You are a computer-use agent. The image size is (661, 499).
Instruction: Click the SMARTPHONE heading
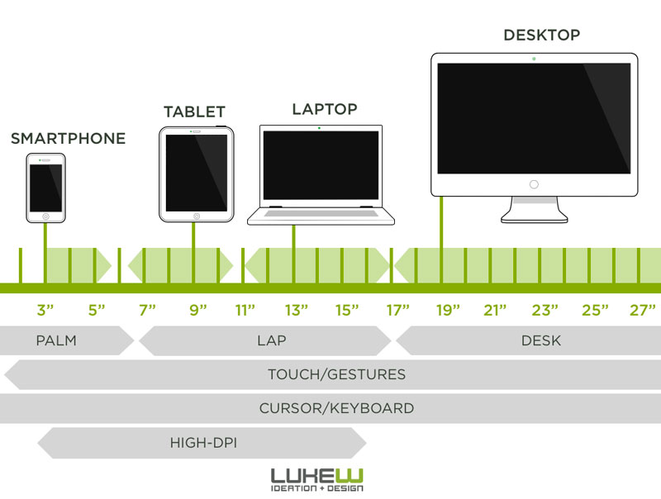69,138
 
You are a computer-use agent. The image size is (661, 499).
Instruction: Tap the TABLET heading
194,112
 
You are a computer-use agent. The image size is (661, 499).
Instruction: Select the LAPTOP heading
325,109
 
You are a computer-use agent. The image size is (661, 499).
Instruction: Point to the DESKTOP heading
542,35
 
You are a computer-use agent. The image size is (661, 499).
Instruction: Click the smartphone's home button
45,216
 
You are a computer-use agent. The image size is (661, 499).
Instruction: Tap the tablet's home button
197,216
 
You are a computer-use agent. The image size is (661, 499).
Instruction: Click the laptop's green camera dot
319,128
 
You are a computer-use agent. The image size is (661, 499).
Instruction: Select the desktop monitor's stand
534,210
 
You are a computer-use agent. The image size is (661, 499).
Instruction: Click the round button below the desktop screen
534,184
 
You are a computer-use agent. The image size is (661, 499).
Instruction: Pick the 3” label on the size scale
45,310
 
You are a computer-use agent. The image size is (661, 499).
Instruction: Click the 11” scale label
245,310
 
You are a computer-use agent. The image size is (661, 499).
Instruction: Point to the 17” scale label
398,310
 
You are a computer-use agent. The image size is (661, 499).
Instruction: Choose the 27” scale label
643,310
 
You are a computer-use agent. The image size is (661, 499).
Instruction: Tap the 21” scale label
495,310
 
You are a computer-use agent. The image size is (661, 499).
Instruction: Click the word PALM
56,340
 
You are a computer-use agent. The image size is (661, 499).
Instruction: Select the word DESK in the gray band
541,340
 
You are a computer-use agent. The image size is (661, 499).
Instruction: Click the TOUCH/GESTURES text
336,374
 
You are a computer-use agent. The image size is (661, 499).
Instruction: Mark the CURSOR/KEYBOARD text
336,408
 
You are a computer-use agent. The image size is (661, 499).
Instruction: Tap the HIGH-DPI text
203,443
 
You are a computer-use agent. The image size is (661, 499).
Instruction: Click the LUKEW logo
317,480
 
